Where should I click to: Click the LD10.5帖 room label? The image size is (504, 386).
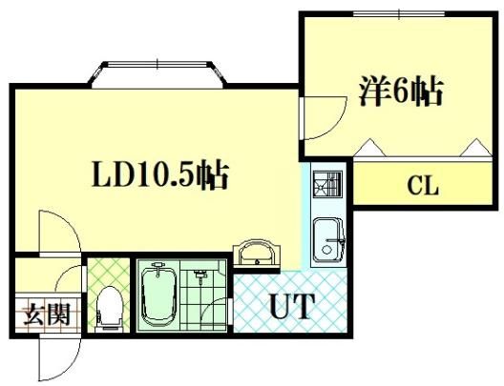[160, 175]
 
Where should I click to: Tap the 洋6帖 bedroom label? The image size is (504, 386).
[401, 91]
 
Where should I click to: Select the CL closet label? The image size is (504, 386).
[423, 186]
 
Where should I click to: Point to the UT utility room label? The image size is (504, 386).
[291, 306]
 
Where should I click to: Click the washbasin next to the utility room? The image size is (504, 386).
[256, 253]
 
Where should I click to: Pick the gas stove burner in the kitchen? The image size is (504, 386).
[327, 185]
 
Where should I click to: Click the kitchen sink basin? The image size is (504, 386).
[328, 240]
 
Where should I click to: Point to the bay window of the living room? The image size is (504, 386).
[157, 74]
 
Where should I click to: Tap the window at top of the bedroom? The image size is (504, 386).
[399, 13]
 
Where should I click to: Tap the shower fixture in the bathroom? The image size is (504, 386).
[199, 276]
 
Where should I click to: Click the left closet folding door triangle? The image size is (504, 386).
[370, 148]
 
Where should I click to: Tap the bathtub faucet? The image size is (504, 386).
[157, 268]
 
